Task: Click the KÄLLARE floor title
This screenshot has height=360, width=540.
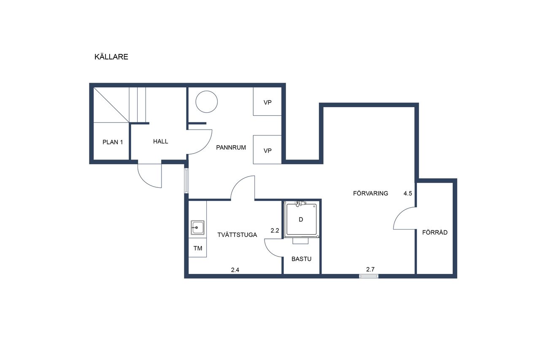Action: pos(111,57)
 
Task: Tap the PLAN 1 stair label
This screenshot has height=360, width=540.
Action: pos(113,142)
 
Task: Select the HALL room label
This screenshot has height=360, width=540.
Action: pos(161,141)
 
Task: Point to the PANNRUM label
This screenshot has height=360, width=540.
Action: pos(231,148)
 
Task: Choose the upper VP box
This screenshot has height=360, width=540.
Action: pos(267,101)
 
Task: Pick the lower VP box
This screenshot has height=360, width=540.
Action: pos(267,150)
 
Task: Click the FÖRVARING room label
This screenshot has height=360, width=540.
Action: pos(370,193)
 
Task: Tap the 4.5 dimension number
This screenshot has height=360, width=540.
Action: pos(408,193)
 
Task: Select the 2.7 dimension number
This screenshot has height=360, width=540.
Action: pos(370,269)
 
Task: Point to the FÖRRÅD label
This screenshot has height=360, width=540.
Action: pos(435,232)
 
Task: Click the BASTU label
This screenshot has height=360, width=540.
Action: pos(301,259)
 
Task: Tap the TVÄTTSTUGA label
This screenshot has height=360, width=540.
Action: pos(237,235)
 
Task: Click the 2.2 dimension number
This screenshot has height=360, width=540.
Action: pos(275,231)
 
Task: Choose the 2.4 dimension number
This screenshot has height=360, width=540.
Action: pos(235,270)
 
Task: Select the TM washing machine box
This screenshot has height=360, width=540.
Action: pos(198,248)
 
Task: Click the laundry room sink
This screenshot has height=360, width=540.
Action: pos(198,227)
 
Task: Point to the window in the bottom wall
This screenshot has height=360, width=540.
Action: pos(369,276)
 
